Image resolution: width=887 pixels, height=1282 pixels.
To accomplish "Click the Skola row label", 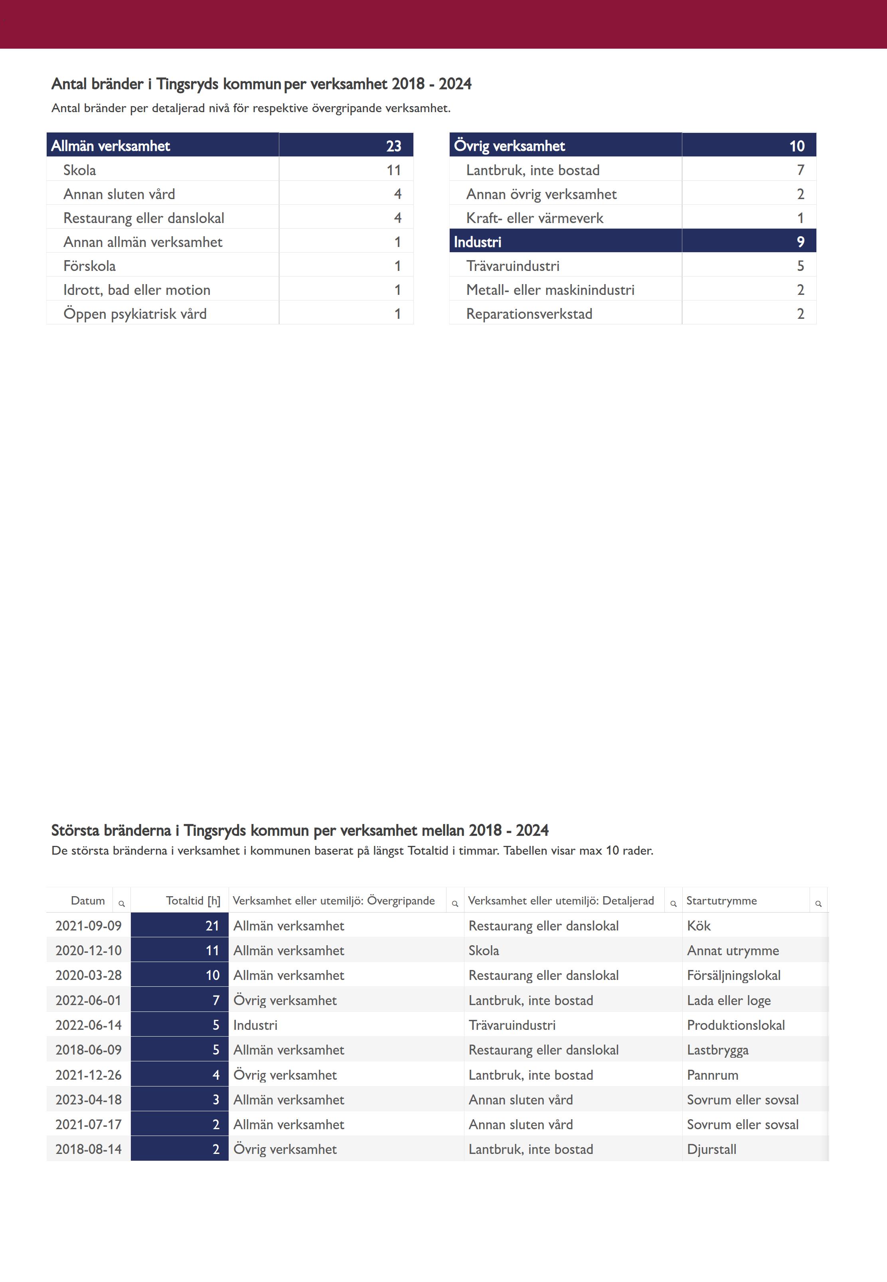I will click(x=79, y=170).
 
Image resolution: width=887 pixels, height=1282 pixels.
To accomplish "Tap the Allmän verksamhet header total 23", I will click(x=393, y=146).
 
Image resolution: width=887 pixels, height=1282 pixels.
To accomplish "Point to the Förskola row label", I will click(x=89, y=266).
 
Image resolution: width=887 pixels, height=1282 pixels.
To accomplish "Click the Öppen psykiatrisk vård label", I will click(x=134, y=314).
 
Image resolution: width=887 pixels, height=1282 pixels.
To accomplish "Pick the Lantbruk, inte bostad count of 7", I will click(x=800, y=170).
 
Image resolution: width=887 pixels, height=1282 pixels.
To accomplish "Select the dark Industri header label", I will click(x=477, y=242).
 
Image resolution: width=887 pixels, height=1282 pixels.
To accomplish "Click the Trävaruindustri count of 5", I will click(x=800, y=266).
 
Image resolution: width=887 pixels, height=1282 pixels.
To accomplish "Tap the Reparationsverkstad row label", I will click(x=529, y=314).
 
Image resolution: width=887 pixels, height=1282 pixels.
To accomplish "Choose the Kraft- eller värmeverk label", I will click(x=535, y=218).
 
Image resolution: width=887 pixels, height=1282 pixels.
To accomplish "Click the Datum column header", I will click(x=88, y=900).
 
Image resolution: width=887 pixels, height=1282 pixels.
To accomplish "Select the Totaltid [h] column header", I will click(x=193, y=900).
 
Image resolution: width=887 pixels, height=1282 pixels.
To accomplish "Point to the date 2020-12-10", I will click(x=88, y=950).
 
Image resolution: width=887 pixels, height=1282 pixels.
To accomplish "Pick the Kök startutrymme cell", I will click(x=699, y=926).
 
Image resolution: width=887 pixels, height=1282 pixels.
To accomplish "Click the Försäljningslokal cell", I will click(x=734, y=975).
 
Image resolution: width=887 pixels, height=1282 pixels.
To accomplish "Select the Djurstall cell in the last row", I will click(x=711, y=1149).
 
